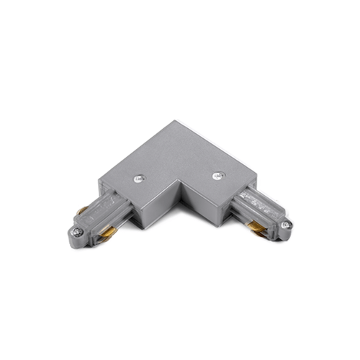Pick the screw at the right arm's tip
(x=287, y=225)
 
